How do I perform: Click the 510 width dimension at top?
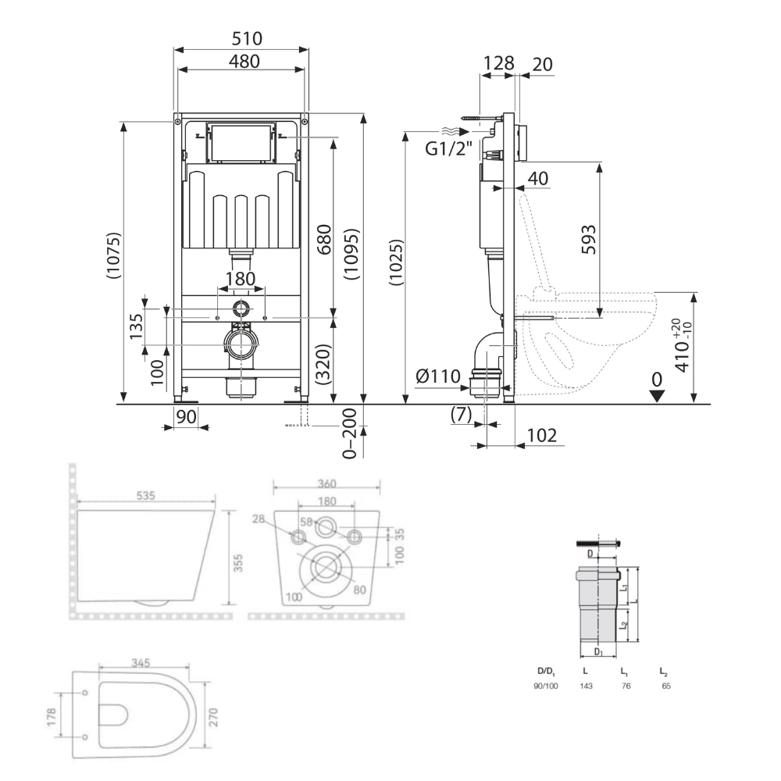[247, 38]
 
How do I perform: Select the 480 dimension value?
[244, 61]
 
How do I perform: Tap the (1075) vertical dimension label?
[113, 255]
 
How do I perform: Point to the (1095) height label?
[351, 254]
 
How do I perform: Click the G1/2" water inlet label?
[448, 148]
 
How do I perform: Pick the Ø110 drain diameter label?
[438, 376]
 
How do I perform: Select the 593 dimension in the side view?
[589, 240]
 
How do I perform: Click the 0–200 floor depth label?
[350, 433]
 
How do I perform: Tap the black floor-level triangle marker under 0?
[657, 396]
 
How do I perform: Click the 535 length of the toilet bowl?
[145, 496]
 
